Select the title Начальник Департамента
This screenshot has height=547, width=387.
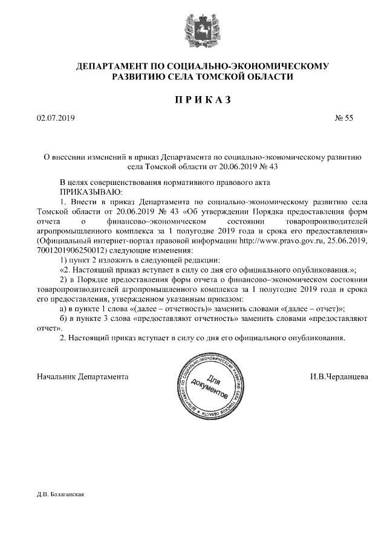pyautogui.click(x=82, y=376)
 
